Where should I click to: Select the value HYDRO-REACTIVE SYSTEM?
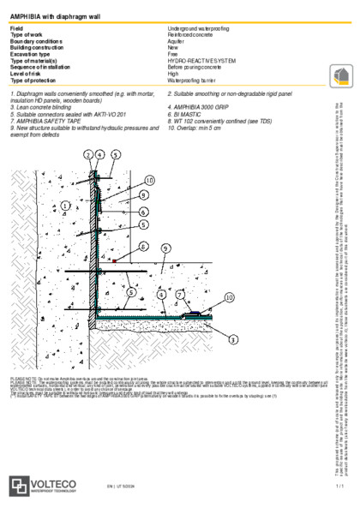[x=204, y=61]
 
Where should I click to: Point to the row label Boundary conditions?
[x=36, y=39]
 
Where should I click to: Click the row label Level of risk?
[x=26, y=72]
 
